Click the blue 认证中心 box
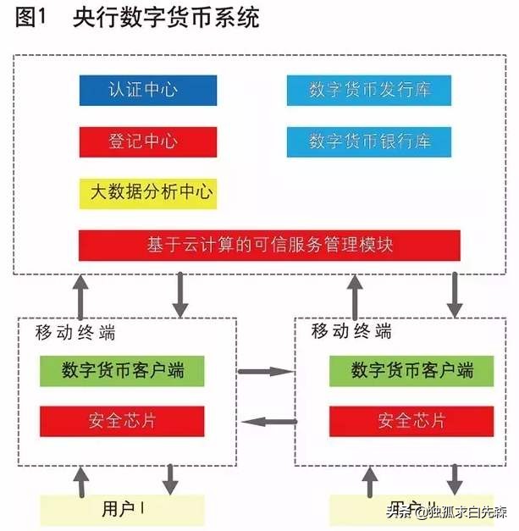click(x=147, y=91)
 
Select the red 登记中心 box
click(x=147, y=141)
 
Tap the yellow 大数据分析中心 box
click(x=147, y=193)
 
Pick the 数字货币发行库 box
click(x=368, y=91)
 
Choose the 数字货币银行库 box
click(x=368, y=141)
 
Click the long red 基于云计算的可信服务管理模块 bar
click(x=269, y=246)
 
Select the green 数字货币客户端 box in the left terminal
click(x=123, y=370)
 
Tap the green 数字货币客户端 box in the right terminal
click(x=400, y=370)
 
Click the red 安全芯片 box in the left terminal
click(x=123, y=421)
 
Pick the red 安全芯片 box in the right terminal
click(x=400, y=421)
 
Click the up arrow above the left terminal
click(x=80, y=293)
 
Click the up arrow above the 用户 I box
click(x=82, y=484)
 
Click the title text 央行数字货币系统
click(x=166, y=19)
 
